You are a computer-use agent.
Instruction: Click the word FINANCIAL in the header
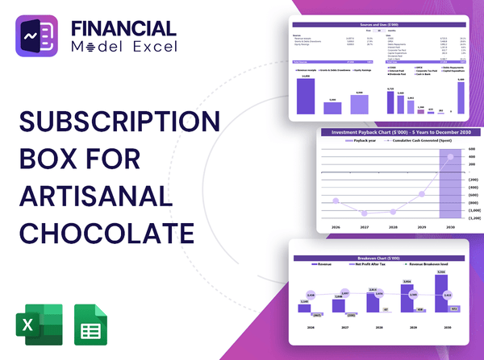coord(122,27)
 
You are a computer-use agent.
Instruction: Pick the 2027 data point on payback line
coord(365,213)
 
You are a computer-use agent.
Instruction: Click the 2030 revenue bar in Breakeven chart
coord(440,294)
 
